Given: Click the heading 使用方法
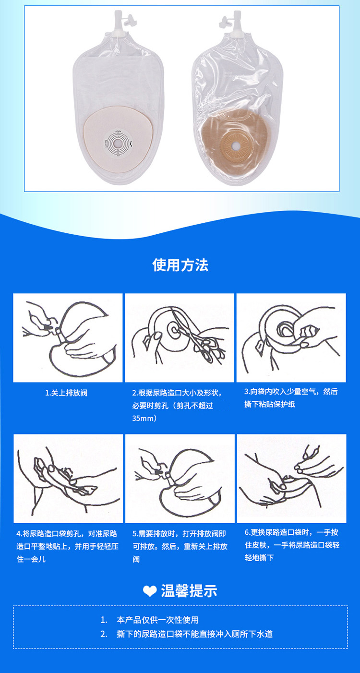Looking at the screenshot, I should point(180,265).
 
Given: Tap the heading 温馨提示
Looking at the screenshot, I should point(189,591).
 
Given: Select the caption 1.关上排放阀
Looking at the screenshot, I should point(66,393).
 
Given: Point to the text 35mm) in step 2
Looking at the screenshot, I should point(145,418).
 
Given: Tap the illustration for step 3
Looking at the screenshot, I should point(291,337).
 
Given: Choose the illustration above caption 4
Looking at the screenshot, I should point(68,479).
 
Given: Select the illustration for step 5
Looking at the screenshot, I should point(180,479).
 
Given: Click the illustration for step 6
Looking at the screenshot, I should point(291,479).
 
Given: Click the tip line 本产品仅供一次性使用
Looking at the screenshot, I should point(157,620).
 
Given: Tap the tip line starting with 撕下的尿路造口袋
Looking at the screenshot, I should point(194,634).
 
